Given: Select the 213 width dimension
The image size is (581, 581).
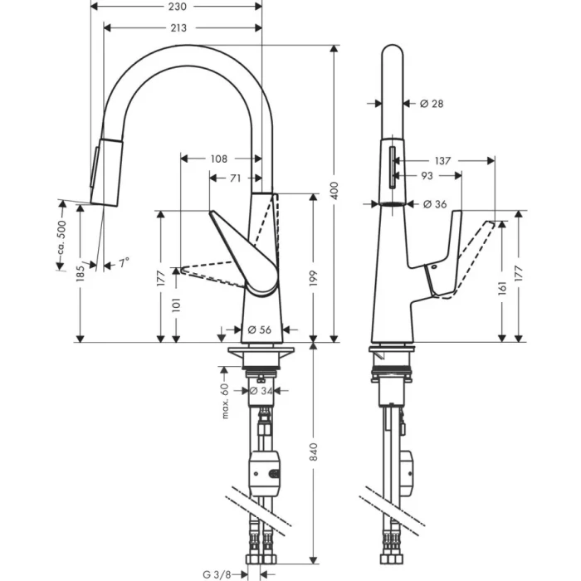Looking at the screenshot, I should click(178, 28).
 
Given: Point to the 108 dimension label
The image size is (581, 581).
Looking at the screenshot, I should click(219, 158).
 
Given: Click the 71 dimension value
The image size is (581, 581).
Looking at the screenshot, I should click(236, 178).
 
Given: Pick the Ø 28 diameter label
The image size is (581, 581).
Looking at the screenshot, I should click(432, 104).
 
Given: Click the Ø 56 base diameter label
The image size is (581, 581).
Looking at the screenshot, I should click(260, 330).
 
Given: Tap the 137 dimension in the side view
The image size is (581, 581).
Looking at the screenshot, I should click(442, 160).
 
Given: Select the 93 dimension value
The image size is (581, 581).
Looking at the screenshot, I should click(426, 176).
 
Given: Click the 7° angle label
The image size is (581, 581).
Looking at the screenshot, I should click(124, 263).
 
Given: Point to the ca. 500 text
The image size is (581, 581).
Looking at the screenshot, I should click(60, 238).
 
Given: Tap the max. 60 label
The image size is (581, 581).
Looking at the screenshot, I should click(224, 401).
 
